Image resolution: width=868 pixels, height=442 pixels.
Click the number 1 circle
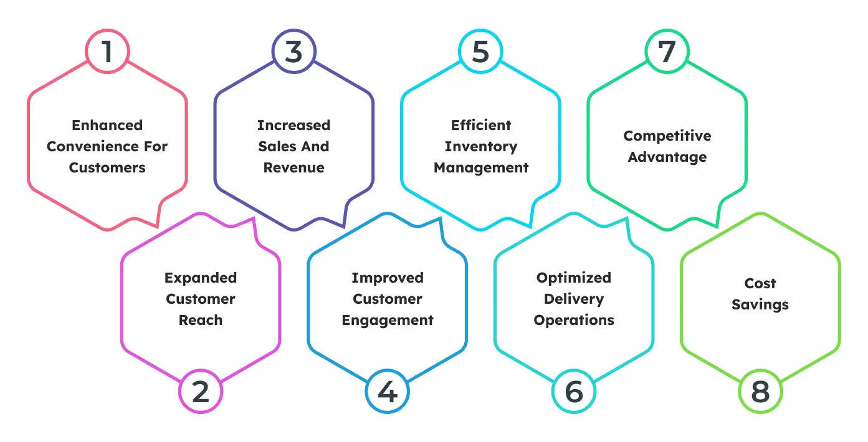107,52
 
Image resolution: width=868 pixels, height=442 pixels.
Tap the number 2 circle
201,392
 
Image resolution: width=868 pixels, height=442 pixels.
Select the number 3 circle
293,52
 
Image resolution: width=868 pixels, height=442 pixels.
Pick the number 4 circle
387,392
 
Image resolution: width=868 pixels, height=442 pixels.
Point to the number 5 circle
480,52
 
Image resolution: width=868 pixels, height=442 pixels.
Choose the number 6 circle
574,392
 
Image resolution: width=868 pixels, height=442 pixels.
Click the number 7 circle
667,52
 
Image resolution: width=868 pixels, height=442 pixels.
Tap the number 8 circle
760,392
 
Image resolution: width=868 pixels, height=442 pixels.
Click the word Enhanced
107,125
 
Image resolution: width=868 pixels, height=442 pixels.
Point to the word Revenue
293,167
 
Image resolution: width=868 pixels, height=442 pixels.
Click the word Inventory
480,146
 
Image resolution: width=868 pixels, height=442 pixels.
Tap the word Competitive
667,136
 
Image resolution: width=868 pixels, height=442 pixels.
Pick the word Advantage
667,157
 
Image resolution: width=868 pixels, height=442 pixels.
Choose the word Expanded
201,278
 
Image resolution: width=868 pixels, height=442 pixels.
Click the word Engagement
387,320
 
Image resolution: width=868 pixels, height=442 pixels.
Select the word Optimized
574,278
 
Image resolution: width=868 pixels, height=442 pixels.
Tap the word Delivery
574,299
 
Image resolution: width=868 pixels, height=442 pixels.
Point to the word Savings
760,304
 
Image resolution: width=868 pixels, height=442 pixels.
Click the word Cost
760,283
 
